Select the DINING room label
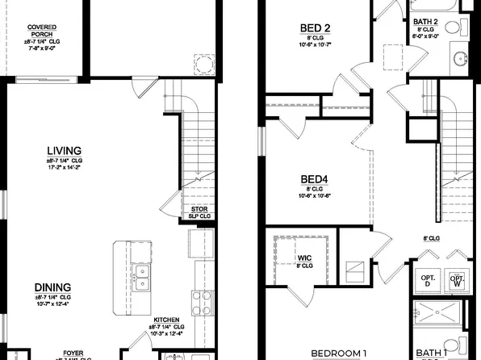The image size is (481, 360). click(x=52, y=287)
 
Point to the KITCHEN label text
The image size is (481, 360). click(x=167, y=320)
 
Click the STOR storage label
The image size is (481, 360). click(x=199, y=208)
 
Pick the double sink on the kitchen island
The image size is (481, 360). click(x=141, y=277)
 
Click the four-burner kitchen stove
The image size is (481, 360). click(x=199, y=304)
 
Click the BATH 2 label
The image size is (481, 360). click(x=425, y=22)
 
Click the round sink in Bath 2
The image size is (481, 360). click(x=460, y=59)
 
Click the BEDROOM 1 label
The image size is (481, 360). click(x=338, y=354)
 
